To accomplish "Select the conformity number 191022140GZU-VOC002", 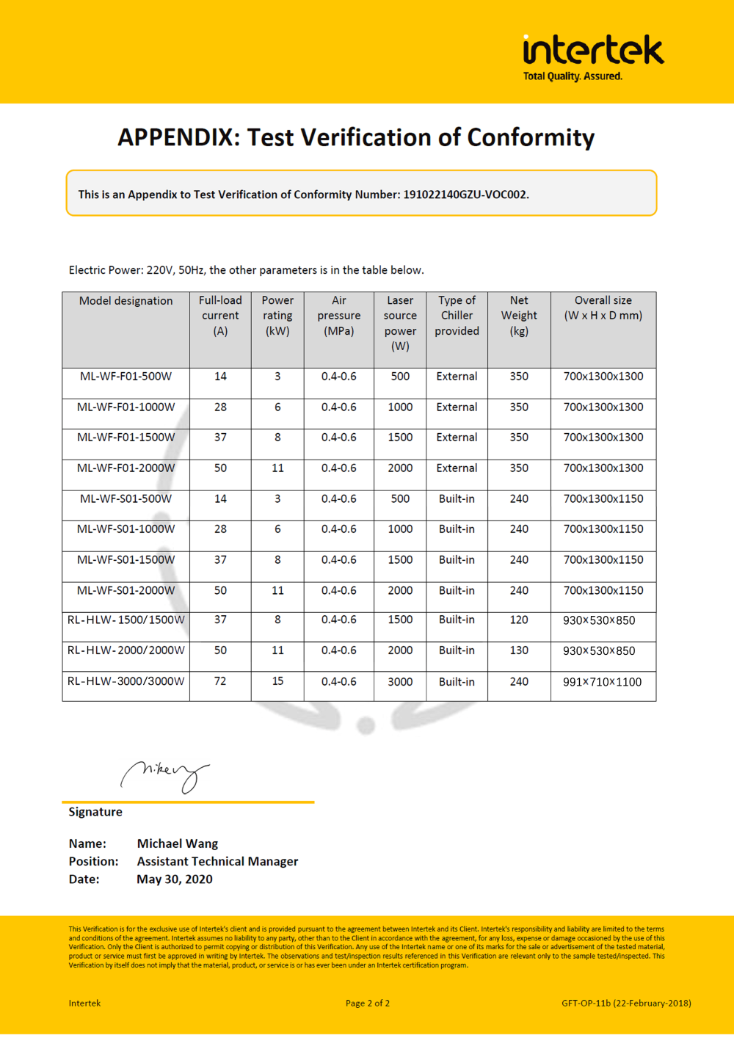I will click(x=465, y=195).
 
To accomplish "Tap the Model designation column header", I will click(x=126, y=301).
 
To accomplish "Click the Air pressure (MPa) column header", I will click(x=338, y=316).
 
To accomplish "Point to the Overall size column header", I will click(x=603, y=308).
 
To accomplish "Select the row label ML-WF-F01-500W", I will click(x=126, y=377).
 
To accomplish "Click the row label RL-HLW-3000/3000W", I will click(x=126, y=681).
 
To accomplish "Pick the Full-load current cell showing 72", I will click(x=220, y=681).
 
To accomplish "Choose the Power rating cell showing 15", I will click(x=277, y=681).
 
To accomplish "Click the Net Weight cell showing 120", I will click(x=519, y=620).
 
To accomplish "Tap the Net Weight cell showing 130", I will click(x=519, y=650).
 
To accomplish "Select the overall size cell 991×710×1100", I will click(x=602, y=682).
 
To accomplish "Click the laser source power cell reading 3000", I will click(x=400, y=682).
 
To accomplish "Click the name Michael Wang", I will click(x=178, y=844).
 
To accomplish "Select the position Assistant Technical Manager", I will click(x=217, y=862).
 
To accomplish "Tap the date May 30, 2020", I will click(x=175, y=879).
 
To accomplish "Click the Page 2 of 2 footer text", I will click(x=368, y=1003).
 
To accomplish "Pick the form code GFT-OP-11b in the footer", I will click(x=586, y=1003).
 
